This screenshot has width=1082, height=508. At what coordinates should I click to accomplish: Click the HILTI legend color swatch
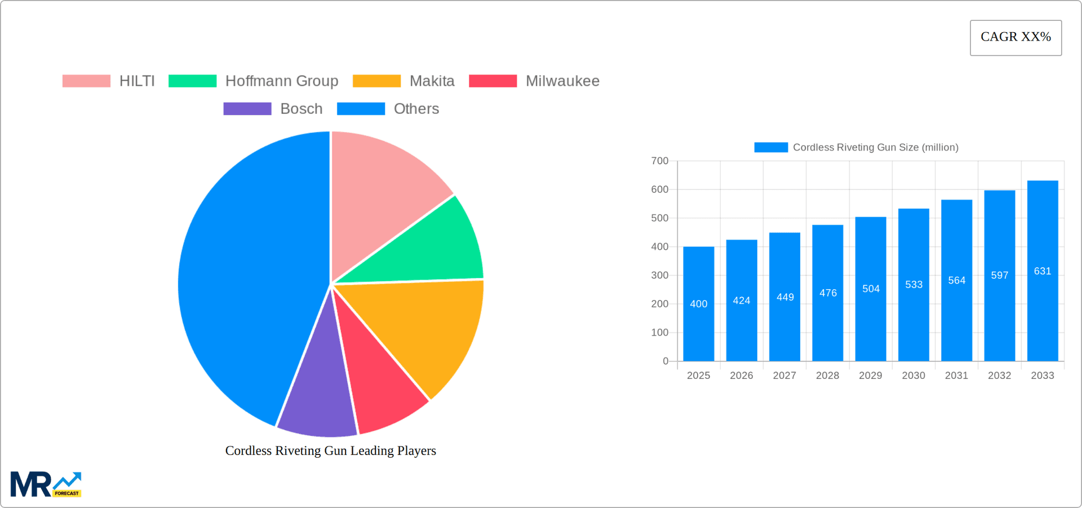(86, 81)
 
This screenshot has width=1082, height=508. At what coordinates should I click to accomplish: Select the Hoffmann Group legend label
(281, 81)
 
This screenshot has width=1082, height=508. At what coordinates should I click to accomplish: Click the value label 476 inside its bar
(828, 293)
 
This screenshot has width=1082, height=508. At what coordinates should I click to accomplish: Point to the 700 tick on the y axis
(660, 161)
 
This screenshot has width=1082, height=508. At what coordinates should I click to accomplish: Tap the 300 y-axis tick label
(660, 276)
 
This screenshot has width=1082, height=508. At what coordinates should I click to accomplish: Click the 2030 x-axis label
(914, 376)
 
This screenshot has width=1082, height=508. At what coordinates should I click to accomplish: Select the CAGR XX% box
(1016, 38)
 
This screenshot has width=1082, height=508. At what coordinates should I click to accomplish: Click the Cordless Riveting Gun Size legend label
(875, 148)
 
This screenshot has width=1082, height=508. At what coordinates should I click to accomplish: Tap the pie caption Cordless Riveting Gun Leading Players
(331, 451)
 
